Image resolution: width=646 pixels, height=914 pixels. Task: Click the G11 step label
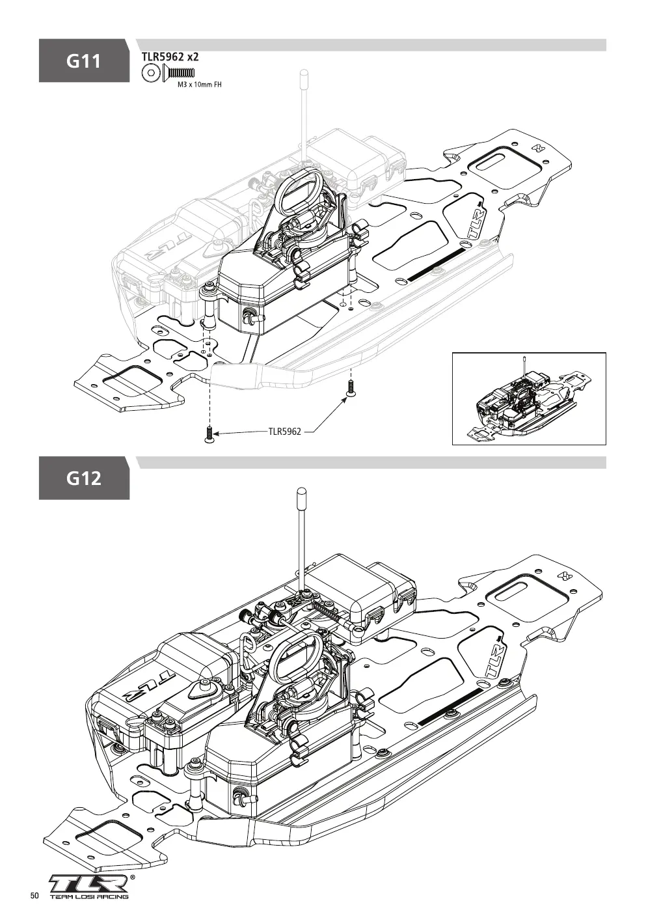click(x=84, y=61)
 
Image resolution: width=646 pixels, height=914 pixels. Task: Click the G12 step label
click(x=84, y=478)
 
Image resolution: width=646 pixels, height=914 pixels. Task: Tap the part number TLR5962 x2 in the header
click(x=170, y=57)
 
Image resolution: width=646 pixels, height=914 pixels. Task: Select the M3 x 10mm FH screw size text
click(x=200, y=85)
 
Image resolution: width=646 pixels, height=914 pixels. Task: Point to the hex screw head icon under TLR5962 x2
click(x=150, y=73)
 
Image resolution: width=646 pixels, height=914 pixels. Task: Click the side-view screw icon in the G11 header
click(x=179, y=73)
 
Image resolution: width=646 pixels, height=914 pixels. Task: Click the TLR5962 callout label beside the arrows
click(x=285, y=432)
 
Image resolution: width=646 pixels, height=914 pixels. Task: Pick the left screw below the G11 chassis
click(x=209, y=434)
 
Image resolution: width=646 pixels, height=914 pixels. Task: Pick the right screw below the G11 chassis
click(x=350, y=387)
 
